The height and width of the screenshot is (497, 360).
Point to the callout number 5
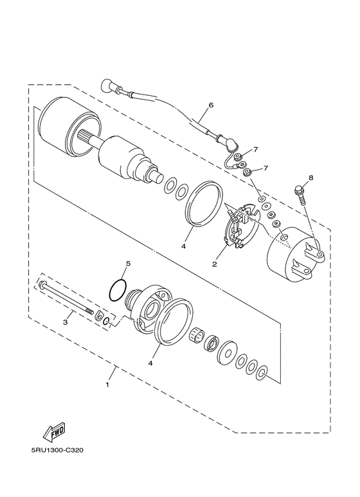(x=128, y=264)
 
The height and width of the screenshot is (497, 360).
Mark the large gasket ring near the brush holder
(x=204, y=204)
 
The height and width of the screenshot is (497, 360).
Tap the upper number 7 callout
(x=255, y=150)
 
